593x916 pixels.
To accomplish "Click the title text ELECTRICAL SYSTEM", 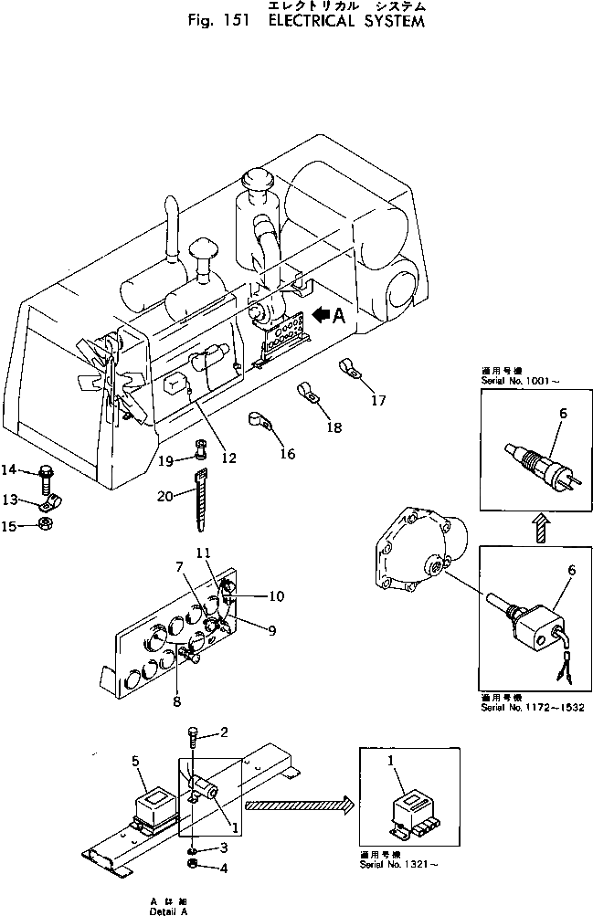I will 346,21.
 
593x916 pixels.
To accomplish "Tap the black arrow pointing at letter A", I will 321,315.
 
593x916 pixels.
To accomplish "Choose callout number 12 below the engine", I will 228,457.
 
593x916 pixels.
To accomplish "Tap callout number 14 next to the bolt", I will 8,470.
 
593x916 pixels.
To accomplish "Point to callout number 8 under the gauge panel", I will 177,701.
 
